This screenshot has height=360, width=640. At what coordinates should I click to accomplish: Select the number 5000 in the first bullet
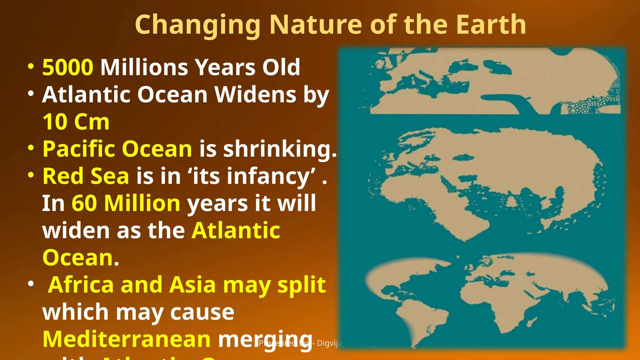[68, 67]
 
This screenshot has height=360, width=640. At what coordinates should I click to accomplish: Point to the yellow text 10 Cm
[76, 122]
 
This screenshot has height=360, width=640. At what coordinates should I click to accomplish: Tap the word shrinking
[280, 149]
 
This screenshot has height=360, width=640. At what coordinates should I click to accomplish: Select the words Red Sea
[86, 176]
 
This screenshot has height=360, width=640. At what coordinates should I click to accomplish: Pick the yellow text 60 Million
[126, 203]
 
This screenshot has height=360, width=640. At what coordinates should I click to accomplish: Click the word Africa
[81, 285]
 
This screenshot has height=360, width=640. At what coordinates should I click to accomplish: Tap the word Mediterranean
[127, 339]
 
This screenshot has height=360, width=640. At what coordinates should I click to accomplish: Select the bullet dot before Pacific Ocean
[31, 147]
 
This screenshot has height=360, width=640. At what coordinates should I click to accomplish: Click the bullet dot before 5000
[31, 66]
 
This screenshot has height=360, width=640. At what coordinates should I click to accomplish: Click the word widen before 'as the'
[76, 230]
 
